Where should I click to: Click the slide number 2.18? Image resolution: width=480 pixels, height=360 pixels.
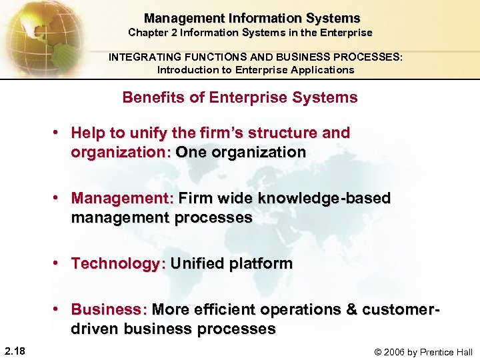click(x=14, y=351)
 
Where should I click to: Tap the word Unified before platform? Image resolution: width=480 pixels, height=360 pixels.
click(x=197, y=263)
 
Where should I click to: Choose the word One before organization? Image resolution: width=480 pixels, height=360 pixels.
click(x=191, y=152)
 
